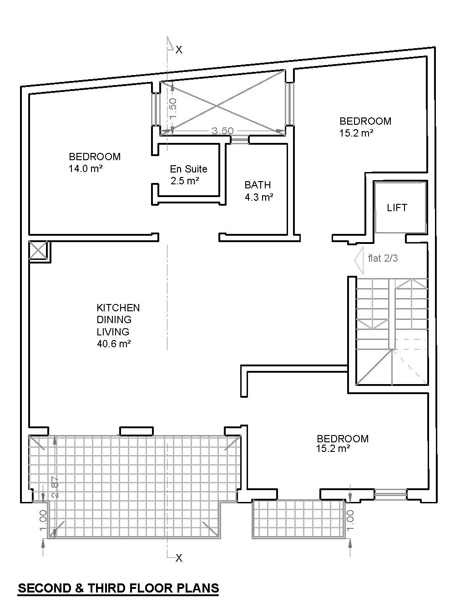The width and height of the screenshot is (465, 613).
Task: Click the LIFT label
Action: point(397,208)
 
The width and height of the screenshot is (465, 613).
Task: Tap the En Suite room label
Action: point(188,169)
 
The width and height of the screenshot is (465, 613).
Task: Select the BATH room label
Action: point(258,185)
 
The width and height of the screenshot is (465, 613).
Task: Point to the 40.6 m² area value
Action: point(114,344)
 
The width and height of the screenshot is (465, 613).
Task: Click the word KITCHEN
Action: point(118,308)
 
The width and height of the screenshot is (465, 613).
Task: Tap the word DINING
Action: point(114,320)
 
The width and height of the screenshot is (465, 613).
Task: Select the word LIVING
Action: point(113,332)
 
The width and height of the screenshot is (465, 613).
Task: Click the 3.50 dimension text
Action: point(222,131)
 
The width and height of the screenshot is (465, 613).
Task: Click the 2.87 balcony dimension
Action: point(56,487)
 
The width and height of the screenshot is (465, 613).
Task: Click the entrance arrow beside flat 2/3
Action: point(359,261)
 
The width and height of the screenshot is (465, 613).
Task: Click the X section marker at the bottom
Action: point(179,558)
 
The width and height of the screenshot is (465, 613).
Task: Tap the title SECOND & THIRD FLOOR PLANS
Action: point(118,588)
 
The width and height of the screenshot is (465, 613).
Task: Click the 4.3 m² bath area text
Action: point(258,198)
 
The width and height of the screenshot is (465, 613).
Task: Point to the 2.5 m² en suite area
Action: point(185,181)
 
